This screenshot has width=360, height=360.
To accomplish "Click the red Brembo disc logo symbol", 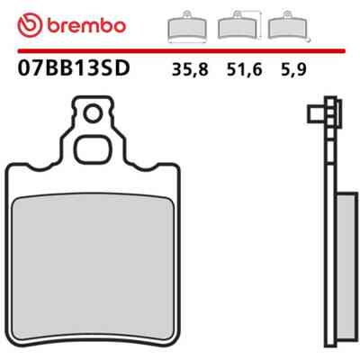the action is [x=30, y=26].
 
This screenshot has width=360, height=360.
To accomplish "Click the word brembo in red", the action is [x=86, y=26].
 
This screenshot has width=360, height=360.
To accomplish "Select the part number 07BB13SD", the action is [x=74, y=68].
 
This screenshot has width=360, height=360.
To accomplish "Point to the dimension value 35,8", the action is [x=190, y=70].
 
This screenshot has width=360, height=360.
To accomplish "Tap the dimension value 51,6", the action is [x=245, y=70].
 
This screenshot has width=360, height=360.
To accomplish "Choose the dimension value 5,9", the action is [x=293, y=70].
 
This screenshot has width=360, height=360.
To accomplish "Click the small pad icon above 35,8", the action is [x=187, y=27].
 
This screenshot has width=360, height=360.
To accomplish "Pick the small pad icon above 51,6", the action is [x=238, y=25].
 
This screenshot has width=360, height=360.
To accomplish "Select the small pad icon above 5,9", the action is [x=288, y=25].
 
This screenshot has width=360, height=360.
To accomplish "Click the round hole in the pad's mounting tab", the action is [x=93, y=113].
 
